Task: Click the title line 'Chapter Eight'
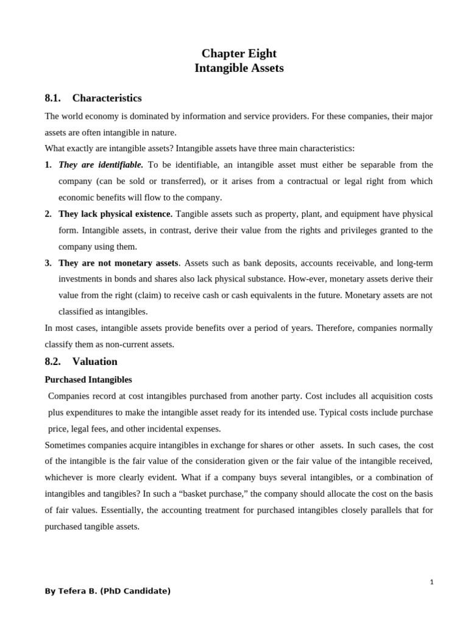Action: click(x=239, y=53)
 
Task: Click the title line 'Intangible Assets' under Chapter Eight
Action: click(x=239, y=68)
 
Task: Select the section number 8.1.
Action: click(x=53, y=98)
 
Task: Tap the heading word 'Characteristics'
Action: click(x=107, y=98)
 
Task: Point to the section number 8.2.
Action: click(x=53, y=361)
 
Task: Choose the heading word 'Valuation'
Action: click(x=94, y=361)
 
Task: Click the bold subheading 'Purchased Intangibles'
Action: click(x=88, y=380)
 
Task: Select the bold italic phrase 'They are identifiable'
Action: click(x=101, y=165)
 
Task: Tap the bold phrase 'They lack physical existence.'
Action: click(x=115, y=214)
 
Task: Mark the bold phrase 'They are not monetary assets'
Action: click(x=118, y=263)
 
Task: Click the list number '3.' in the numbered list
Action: click(x=48, y=263)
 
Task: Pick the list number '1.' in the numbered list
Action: click(x=48, y=165)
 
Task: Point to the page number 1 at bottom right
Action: click(x=431, y=582)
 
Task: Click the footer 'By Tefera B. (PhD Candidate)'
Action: click(x=108, y=591)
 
